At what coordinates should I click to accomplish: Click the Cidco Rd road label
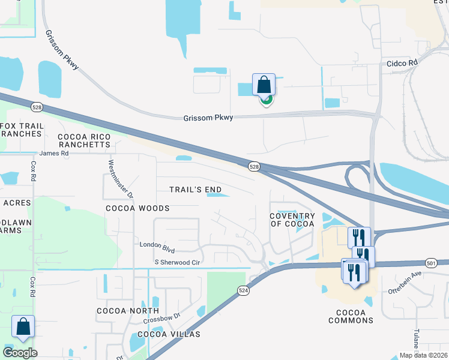(x=402, y=62)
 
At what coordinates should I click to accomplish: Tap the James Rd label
(x=53, y=154)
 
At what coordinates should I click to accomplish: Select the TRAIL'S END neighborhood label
(x=196, y=190)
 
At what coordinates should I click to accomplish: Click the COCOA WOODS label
(x=137, y=208)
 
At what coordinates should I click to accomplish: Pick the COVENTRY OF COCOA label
(x=292, y=220)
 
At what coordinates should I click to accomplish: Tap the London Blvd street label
(x=157, y=245)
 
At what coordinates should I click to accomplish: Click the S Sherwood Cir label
(x=177, y=263)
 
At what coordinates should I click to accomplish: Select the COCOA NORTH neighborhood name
(x=128, y=311)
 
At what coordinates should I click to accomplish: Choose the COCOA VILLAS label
(x=169, y=334)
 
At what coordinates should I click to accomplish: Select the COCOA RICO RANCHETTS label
(x=84, y=140)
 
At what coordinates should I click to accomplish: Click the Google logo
(x=20, y=353)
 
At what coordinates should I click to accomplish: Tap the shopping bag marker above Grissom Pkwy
(x=264, y=85)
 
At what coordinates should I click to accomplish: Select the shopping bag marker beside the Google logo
(x=23, y=327)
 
